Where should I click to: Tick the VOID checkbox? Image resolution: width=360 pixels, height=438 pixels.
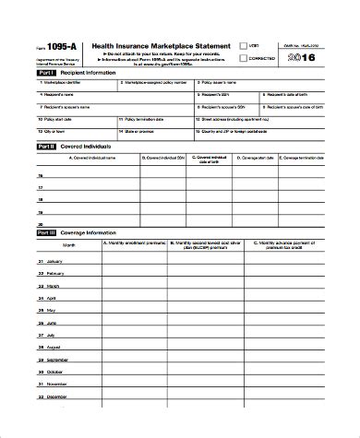click(244, 44)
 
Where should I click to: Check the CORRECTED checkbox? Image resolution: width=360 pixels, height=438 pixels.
click(244, 58)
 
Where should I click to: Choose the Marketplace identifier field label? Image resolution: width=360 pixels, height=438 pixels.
click(59, 82)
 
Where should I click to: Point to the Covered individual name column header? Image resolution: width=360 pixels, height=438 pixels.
click(88, 158)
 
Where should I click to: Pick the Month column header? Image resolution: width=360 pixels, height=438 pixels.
click(70, 245)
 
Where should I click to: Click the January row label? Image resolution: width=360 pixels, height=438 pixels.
click(55, 261)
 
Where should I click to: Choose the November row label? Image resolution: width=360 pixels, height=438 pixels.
click(56, 383)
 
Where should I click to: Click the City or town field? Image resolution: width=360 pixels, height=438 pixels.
click(55, 130)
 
